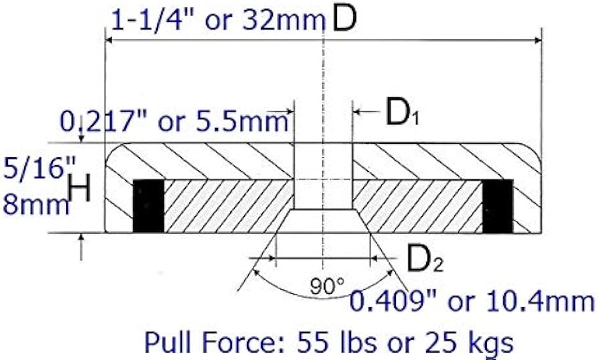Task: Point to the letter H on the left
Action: point(80,191)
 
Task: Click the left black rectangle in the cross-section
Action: point(148,205)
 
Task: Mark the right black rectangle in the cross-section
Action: point(497,205)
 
